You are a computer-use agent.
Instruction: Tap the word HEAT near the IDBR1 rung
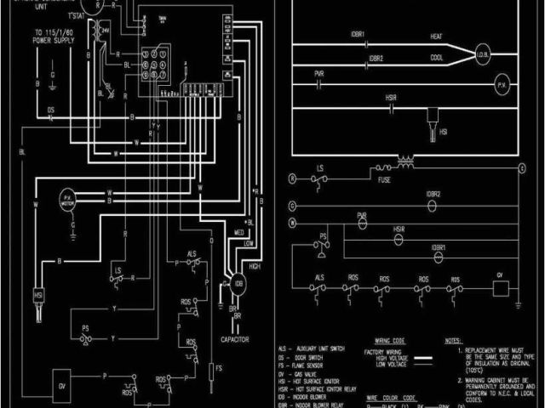435,36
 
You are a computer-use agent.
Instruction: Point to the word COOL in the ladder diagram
437,59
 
